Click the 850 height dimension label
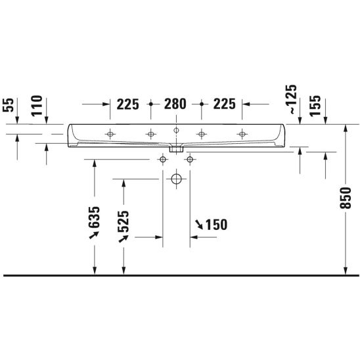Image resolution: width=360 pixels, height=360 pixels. pyautogui.click(x=346, y=198)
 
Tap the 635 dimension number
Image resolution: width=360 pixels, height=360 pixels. pyautogui.click(x=94, y=217)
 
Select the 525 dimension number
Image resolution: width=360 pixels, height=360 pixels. pyautogui.click(x=124, y=221)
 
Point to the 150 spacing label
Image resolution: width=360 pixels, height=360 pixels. pyautogui.click(x=216, y=225)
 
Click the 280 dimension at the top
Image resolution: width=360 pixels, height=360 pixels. pyautogui.click(x=175, y=104)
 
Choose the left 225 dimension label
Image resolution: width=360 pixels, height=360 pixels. pyautogui.click(x=128, y=104)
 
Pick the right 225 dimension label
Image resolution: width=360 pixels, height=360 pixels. pyautogui.click(x=224, y=104)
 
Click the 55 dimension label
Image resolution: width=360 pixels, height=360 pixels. pyautogui.click(x=9, y=105)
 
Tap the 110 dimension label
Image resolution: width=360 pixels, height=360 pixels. pyautogui.click(x=37, y=106)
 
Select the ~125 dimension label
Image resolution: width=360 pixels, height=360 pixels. pyautogui.click(x=293, y=99)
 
